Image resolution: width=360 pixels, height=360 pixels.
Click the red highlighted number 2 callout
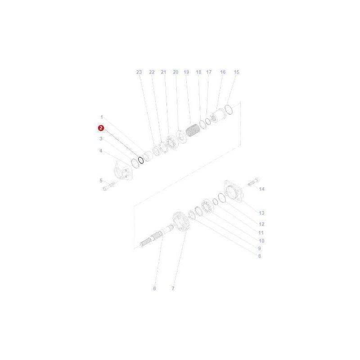[x=101, y=128]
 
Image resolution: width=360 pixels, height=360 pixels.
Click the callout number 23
[x=139, y=72]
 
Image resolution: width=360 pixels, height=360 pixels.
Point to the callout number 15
[x=237, y=72]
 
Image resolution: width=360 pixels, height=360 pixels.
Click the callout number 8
[x=259, y=256]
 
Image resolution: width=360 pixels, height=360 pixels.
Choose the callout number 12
[x=261, y=224]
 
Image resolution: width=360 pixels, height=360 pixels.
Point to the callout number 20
[x=175, y=72]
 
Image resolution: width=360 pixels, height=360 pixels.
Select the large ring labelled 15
[x=229, y=110]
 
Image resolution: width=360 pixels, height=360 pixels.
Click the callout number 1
[x=101, y=117]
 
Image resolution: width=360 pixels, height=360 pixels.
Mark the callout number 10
[x=261, y=241]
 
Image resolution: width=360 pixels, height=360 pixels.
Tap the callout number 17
[x=209, y=72]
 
